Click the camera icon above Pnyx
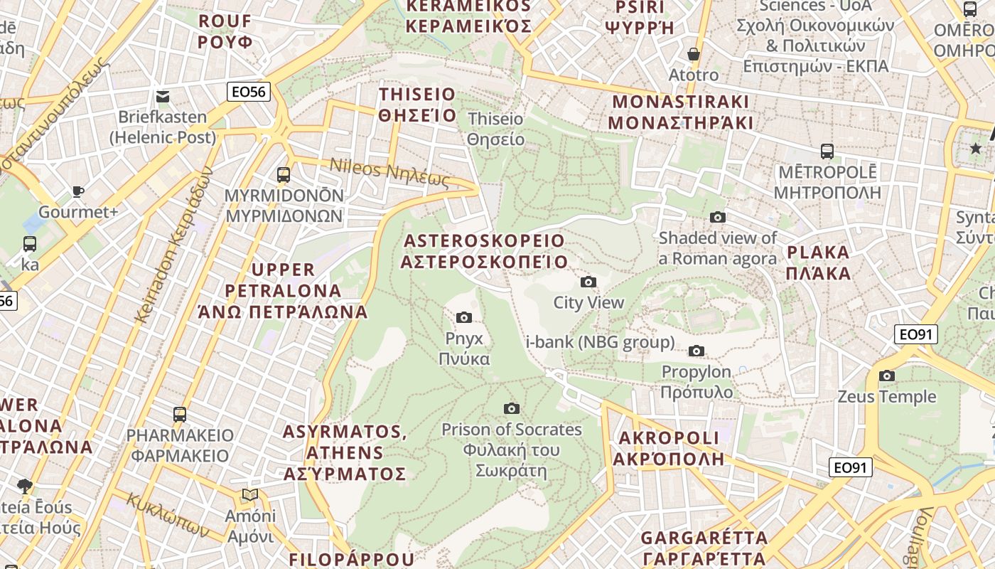coord(464,317)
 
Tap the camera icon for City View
coord(588,282)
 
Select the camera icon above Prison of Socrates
coord(511,408)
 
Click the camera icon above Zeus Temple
coord(886,376)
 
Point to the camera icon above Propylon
coord(696,351)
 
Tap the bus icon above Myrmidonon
coord(284,174)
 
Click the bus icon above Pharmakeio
coord(180,414)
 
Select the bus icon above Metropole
coord(827,151)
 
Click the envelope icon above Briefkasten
coord(163,97)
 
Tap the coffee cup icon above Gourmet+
coord(78,191)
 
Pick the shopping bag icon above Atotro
coord(694,54)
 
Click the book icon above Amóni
coord(249,494)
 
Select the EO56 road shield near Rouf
coord(249,91)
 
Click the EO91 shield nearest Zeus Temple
coord(915,334)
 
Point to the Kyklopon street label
coord(168,514)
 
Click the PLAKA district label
coord(819,262)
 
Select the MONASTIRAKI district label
coord(680,112)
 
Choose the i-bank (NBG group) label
coord(600,342)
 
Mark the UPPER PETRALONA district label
coord(284,290)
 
